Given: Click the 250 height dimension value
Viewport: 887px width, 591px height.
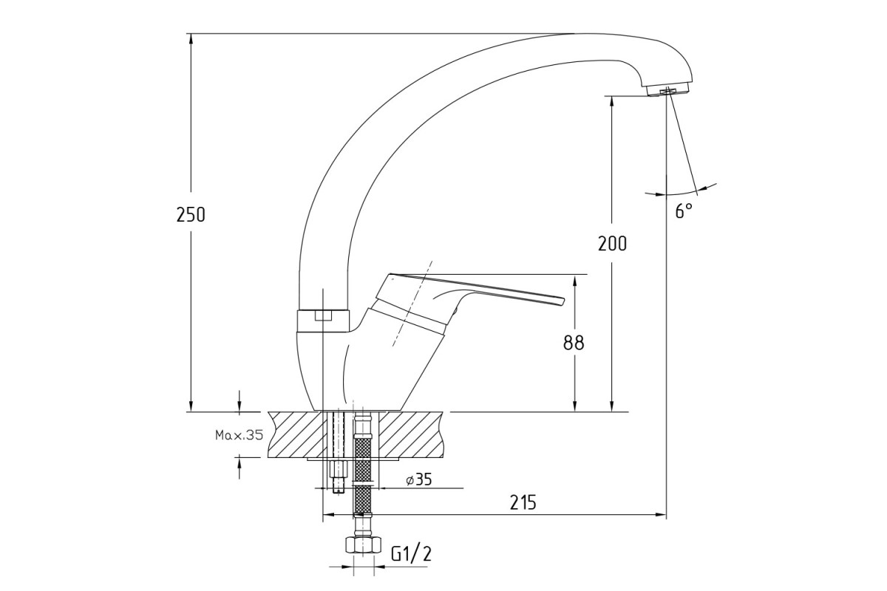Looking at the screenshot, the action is (x=191, y=215).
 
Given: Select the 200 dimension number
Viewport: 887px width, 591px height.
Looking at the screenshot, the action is (x=612, y=244).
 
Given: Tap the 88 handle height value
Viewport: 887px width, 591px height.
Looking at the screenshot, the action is (x=574, y=343).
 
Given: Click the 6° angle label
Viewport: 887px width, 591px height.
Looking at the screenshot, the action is (x=684, y=211).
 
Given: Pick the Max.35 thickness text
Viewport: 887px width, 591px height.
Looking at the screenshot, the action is (x=239, y=435).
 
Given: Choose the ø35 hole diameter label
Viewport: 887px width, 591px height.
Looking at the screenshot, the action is (x=419, y=479).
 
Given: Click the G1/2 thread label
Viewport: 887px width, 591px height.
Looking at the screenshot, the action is (x=412, y=554).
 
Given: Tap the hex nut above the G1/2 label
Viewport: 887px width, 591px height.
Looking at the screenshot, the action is (x=364, y=544).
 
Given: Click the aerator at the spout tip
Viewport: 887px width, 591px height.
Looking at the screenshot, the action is (x=669, y=91).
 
